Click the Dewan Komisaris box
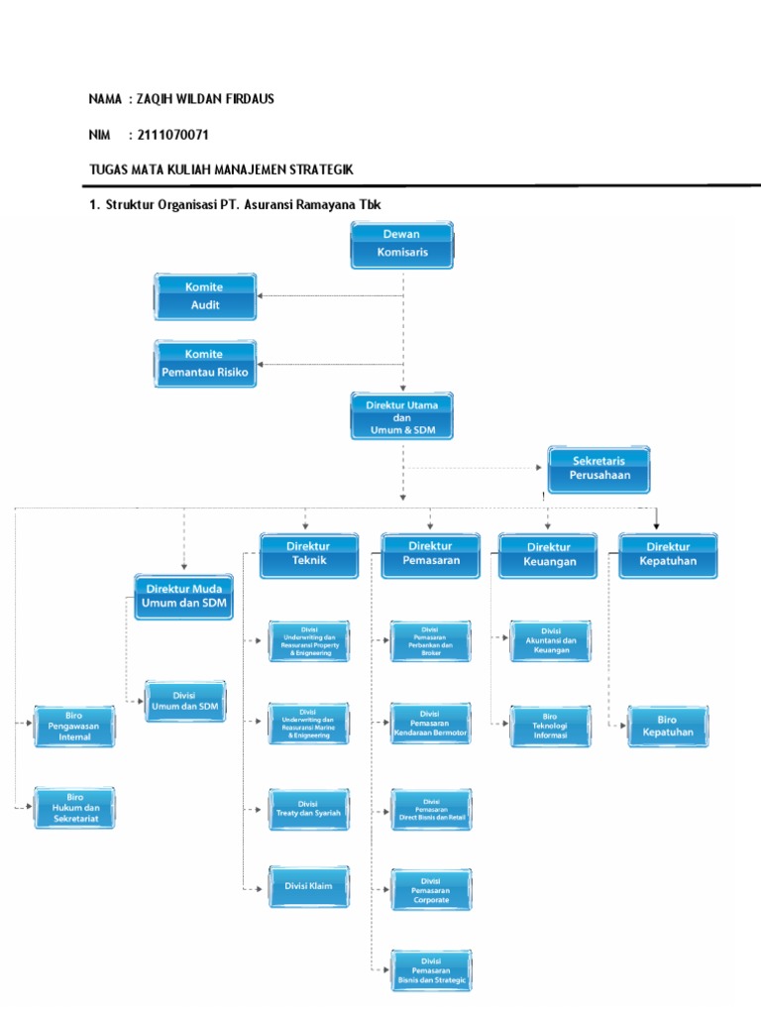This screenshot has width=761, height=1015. click(x=402, y=245)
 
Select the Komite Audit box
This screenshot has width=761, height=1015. click(x=205, y=296)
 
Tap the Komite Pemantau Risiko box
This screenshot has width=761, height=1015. click(x=205, y=364)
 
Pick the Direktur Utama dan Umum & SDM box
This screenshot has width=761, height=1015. click(x=402, y=416)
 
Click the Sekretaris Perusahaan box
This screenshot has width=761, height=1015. click(x=598, y=469)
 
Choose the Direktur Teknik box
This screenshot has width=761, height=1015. click(x=309, y=555)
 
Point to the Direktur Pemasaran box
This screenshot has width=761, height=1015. click(x=430, y=555)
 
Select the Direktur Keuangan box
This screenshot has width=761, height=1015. click(x=549, y=555)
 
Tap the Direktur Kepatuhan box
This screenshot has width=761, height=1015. click(x=668, y=555)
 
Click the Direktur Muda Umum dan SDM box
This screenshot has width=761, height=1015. click(x=184, y=596)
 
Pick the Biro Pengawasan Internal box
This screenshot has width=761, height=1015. click(x=74, y=726)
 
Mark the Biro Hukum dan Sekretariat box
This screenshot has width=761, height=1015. click(x=74, y=809)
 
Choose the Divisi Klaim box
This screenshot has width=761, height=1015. click(x=308, y=886)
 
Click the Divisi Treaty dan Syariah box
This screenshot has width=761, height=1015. click(x=308, y=808)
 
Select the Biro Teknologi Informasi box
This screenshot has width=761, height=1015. click(x=550, y=727)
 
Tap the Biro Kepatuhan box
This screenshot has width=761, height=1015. click(x=668, y=727)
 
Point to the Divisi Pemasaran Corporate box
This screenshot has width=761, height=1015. click(x=431, y=890)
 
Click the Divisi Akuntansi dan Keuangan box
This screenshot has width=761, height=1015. click(x=550, y=640)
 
